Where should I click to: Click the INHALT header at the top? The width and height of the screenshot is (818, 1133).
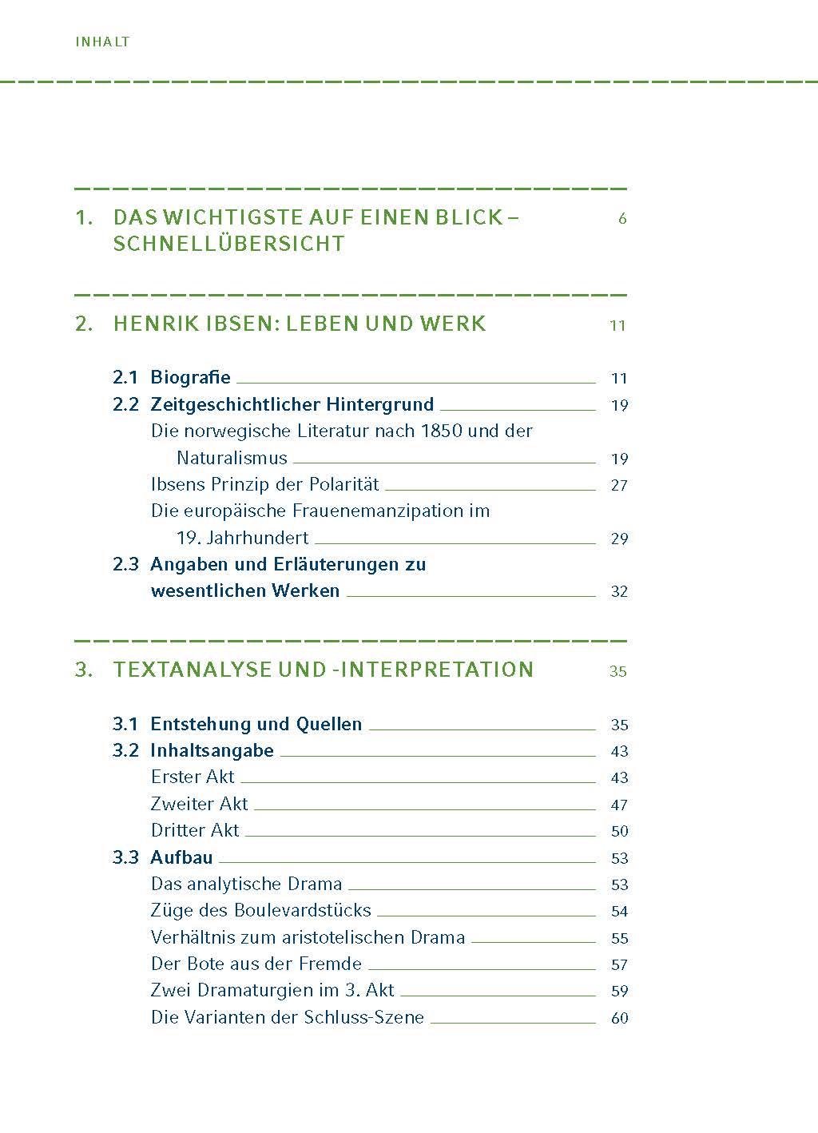(x=102, y=42)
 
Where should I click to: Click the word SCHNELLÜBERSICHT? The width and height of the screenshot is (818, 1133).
(x=228, y=244)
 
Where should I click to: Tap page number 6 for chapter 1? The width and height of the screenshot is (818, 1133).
(x=622, y=218)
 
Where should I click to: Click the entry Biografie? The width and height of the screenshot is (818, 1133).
(x=190, y=377)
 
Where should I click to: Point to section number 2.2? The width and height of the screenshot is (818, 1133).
(x=125, y=404)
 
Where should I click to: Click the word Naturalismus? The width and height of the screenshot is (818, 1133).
(x=232, y=458)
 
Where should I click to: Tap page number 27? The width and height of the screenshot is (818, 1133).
(x=619, y=485)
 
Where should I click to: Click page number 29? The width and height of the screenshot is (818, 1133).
(x=619, y=539)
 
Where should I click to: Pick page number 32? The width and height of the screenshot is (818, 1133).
(x=619, y=591)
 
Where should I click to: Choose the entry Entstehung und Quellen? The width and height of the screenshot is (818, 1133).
(x=256, y=724)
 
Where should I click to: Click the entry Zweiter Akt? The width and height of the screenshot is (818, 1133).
(x=199, y=804)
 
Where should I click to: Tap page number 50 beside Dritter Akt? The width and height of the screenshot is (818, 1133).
(x=619, y=831)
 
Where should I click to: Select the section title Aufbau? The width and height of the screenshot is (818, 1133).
(x=181, y=857)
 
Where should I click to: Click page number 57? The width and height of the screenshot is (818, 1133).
(x=619, y=964)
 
